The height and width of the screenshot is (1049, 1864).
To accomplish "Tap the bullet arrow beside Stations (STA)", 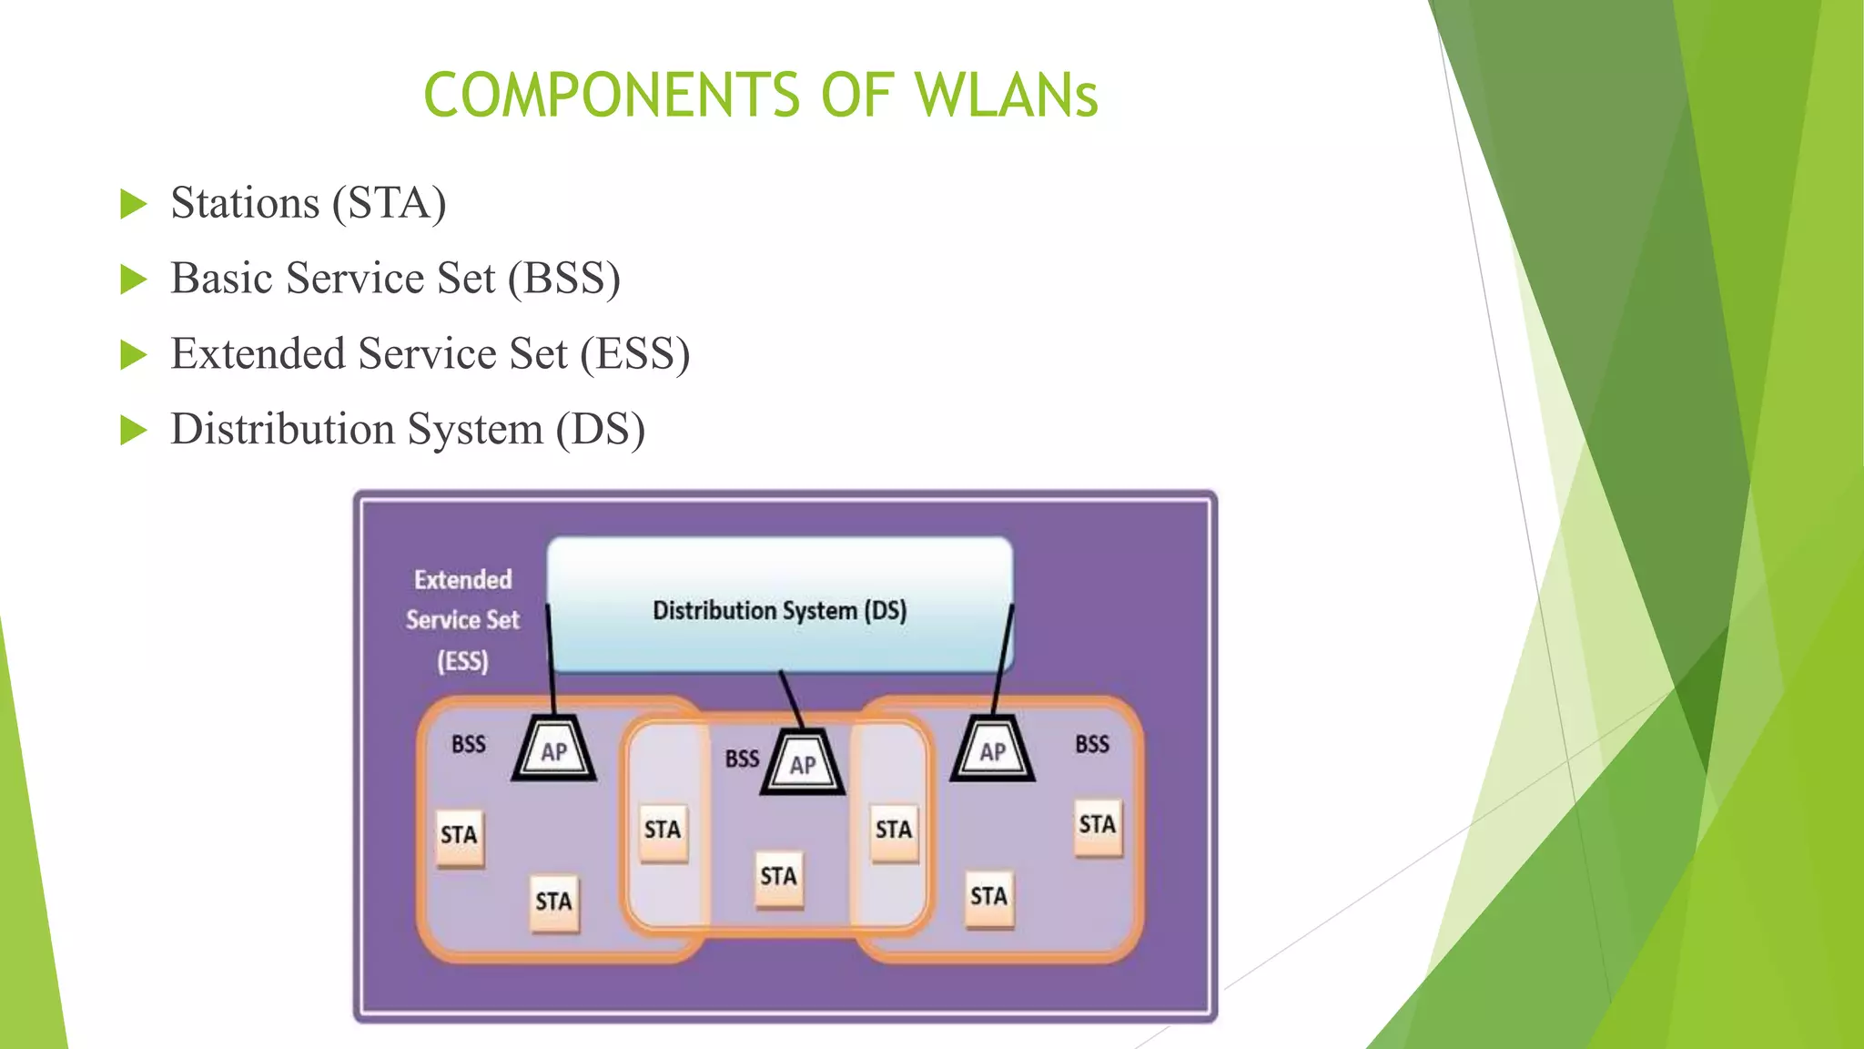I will click(x=133, y=204).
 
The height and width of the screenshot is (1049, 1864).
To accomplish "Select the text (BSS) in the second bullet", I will click(x=564, y=278).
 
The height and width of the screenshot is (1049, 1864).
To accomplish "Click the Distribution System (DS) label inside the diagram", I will click(x=779, y=610).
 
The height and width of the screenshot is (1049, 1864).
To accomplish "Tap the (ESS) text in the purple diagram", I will click(x=462, y=660).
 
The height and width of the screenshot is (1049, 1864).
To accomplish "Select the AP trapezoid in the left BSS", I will click(x=553, y=750).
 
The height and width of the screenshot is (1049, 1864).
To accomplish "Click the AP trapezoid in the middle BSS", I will click(x=802, y=763).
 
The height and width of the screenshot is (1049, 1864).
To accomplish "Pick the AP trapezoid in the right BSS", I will click(x=992, y=750).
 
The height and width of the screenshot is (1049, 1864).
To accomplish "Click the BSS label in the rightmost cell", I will click(x=1091, y=744).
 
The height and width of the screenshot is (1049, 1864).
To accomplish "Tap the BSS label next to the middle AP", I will click(x=742, y=759).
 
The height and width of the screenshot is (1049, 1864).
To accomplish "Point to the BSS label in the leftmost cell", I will click(x=469, y=744).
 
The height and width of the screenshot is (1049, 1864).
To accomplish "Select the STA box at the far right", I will click(x=1097, y=825).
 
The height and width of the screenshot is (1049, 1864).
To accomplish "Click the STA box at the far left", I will click(x=459, y=835).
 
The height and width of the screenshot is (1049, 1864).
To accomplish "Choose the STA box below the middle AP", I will click(x=778, y=877).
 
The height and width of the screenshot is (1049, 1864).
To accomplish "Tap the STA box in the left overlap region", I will click(x=662, y=830).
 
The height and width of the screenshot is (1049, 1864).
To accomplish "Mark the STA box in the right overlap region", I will click(x=893, y=830).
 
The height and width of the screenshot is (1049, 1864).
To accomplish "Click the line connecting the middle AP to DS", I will click(x=791, y=699).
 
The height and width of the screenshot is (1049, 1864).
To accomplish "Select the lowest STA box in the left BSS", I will click(x=553, y=901).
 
